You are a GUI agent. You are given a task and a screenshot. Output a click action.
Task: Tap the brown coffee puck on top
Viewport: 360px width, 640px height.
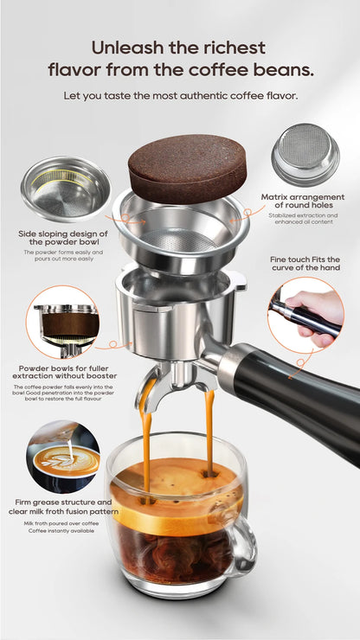tap(187, 167)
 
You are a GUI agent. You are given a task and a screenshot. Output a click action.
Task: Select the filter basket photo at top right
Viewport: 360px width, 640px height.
tap(305, 153)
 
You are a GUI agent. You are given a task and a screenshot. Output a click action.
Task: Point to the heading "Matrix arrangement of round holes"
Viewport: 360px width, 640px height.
tap(302, 202)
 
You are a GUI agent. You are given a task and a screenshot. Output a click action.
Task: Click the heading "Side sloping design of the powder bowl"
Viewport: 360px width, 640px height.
tap(62, 239)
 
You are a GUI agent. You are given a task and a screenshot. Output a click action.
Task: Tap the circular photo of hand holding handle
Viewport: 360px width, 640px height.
tap(305, 316)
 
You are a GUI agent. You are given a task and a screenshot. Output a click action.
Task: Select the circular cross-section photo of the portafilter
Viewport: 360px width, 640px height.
tap(63, 323)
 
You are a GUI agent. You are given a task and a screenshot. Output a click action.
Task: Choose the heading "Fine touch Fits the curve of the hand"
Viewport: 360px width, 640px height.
tap(305, 264)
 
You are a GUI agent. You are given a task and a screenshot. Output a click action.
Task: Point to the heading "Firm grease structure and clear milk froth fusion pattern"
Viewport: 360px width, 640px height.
tap(62, 507)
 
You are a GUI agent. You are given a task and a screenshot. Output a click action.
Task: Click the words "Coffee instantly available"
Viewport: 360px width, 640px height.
tap(62, 531)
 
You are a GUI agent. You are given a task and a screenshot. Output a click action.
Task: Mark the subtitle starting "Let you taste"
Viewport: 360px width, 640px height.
tap(180, 95)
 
